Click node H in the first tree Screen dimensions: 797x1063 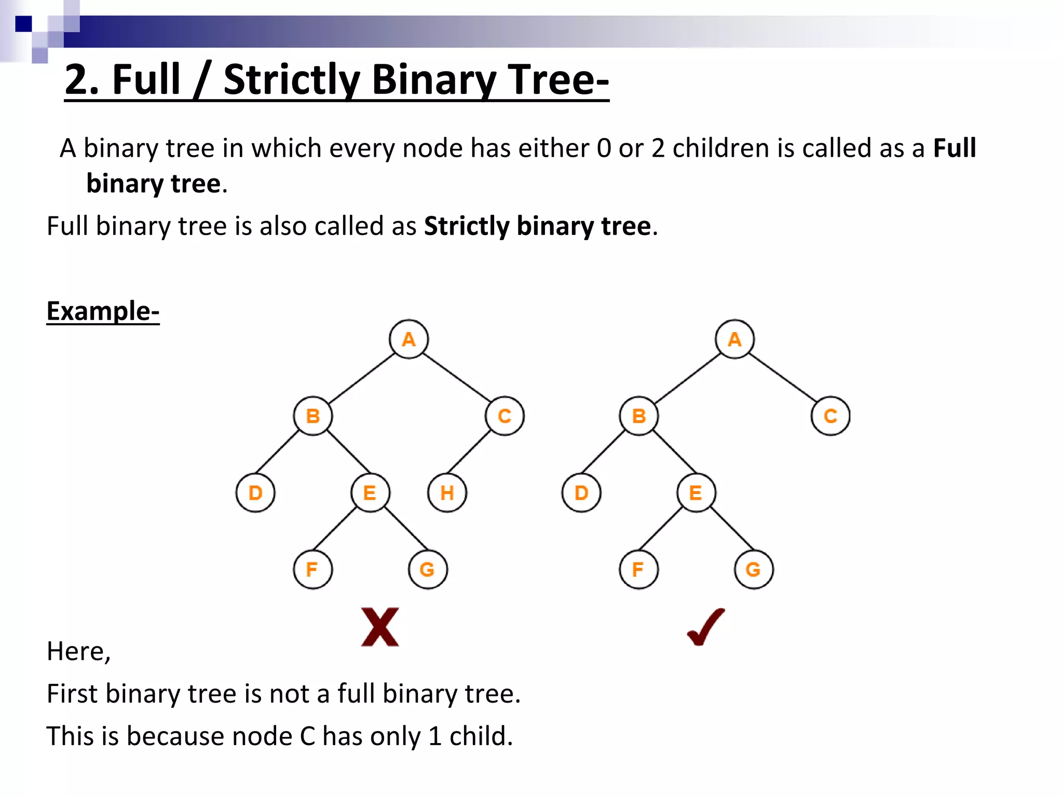coord(447,492)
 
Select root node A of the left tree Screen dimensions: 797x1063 coord(409,339)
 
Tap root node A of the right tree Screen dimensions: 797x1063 coord(734,339)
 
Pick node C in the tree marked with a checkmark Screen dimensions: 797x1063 coord(830,416)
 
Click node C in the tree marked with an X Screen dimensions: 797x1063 coord(505,416)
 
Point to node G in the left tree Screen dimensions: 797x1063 coord(428,569)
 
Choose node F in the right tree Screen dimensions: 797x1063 coord(638,569)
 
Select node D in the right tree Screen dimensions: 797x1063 coord(581,492)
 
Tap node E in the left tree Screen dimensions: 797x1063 coord(370,492)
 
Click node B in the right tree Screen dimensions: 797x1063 coord(639,416)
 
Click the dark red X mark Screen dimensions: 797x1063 coord(380,627)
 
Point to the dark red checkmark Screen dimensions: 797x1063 coord(706,627)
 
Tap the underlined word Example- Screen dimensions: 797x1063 coord(103,311)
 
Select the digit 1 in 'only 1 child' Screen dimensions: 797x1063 coord(435,736)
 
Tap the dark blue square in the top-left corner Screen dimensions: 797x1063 coord(23,24)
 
